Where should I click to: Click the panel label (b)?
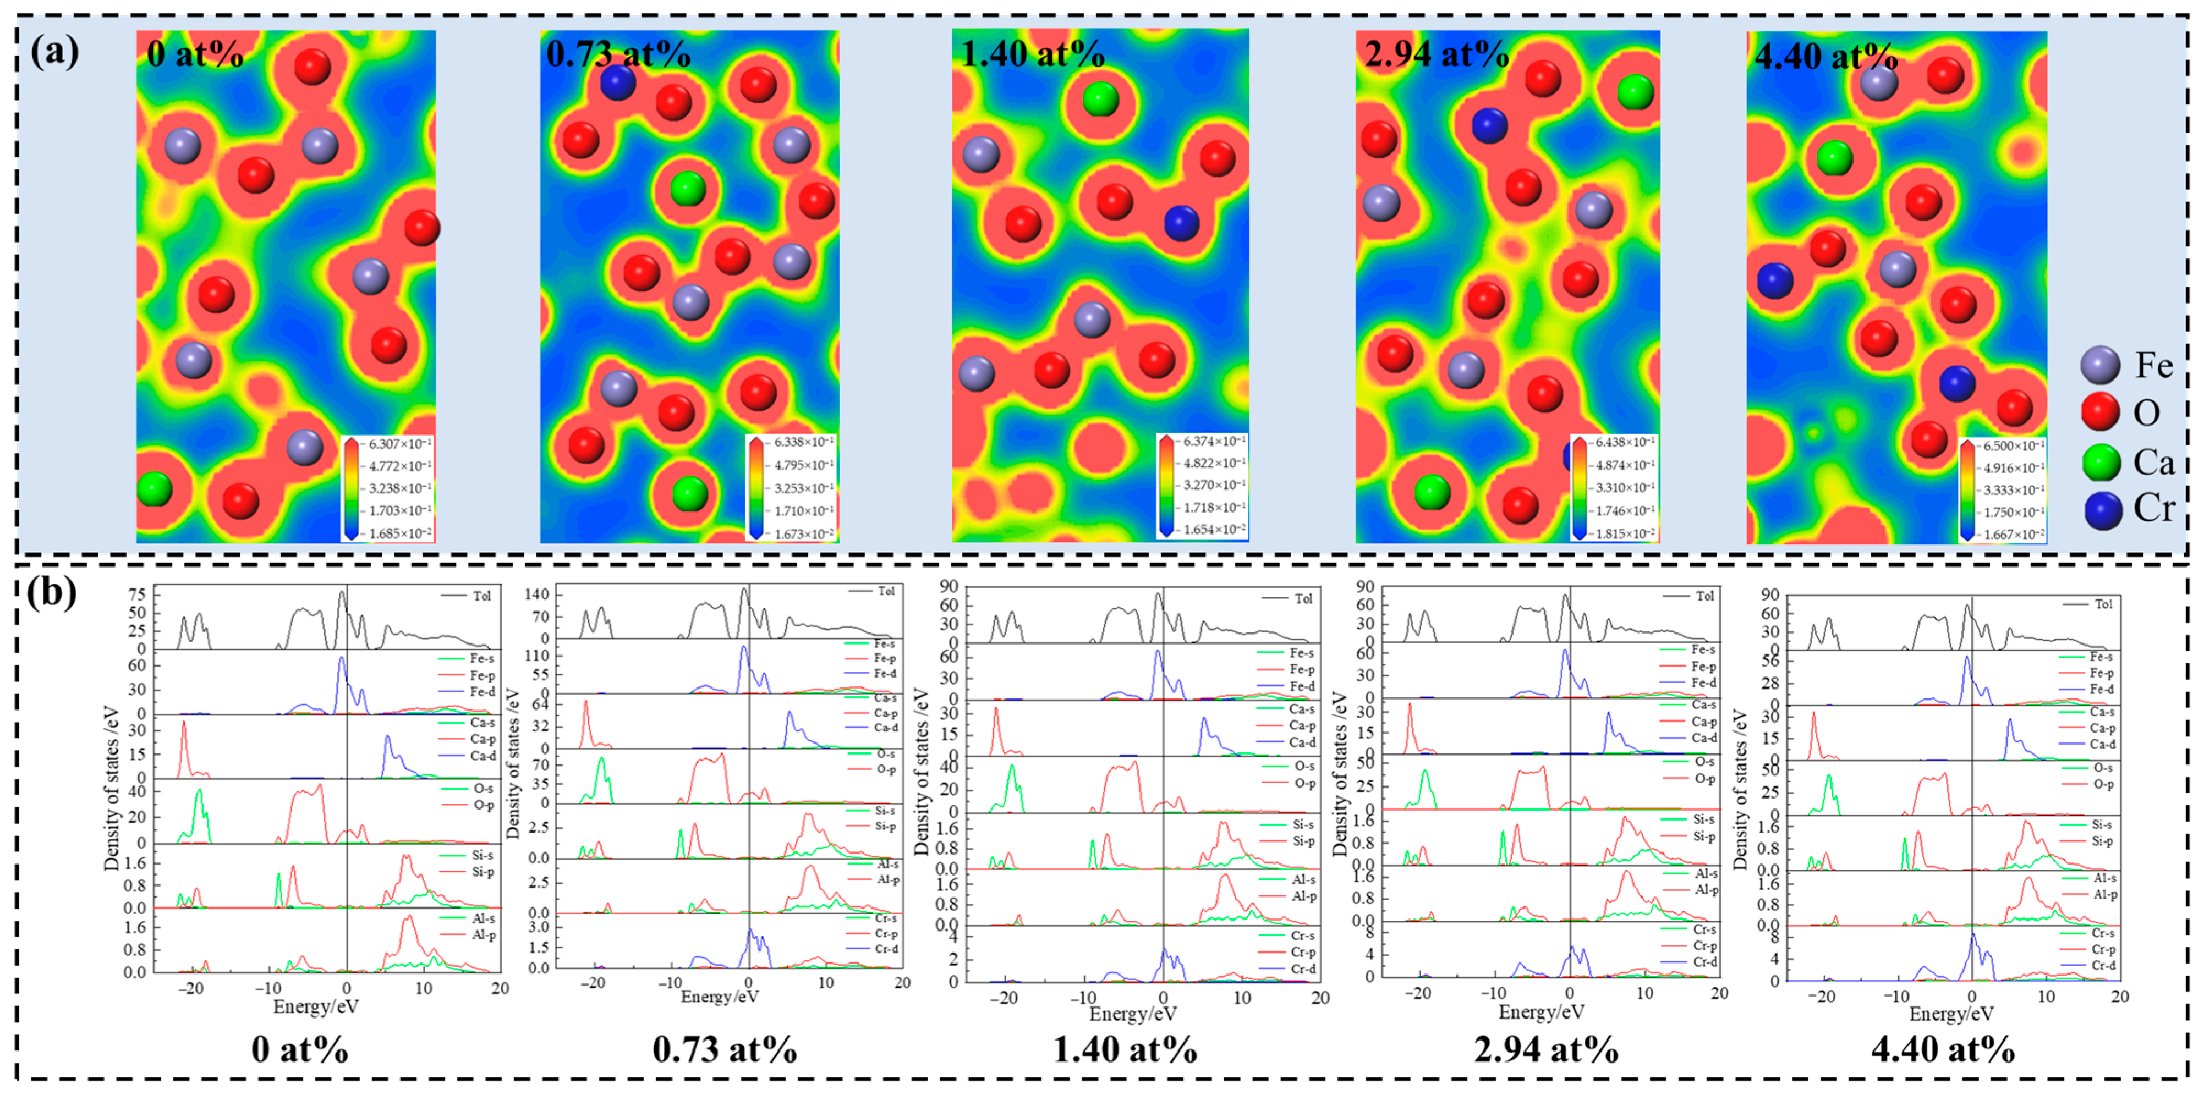click(x=51, y=592)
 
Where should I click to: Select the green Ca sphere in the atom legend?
click(x=2101, y=462)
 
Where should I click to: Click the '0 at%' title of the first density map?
click(x=195, y=55)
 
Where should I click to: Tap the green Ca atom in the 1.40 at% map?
click(x=1100, y=99)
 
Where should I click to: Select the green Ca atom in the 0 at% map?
click(x=154, y=488)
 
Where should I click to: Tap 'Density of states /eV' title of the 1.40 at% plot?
click(x=922, y=772)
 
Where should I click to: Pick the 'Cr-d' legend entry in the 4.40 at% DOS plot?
click(x=2102, y=965)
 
